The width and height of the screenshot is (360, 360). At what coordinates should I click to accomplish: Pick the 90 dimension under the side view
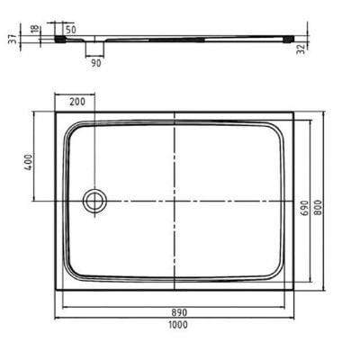pos(94,63)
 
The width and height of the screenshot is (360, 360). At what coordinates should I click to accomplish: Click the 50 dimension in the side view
pos(94,30)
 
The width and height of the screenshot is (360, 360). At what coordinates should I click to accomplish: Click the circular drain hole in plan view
pos(93,200)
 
